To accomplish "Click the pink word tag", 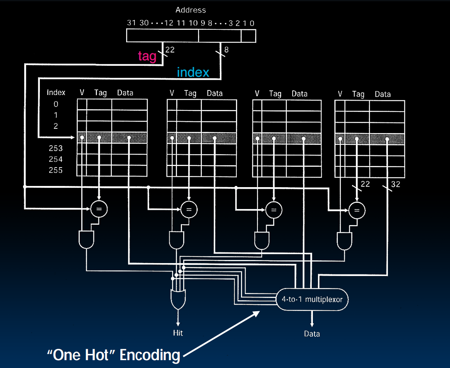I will (x=147, y=56).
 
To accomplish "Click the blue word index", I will (x=193, y=72).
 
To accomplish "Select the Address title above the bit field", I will (x=191, y=10).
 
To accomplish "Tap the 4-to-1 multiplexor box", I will (x=312, y=300).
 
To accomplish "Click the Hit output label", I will (x=178, y=333).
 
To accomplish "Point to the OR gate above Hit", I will (x=178, y=300).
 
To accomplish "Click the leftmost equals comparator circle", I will (x=99, y=209).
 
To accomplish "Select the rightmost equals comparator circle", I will (x=356, y=211).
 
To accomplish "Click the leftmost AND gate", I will (x=86, y=240).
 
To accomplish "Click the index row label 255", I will (x=55, y=170).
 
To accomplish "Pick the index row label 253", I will (x=55, y=148).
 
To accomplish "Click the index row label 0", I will (x=56, y=104).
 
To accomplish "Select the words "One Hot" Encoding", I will (x=114, y=355).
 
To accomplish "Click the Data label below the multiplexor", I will (x=312, y=334).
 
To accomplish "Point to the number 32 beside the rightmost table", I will (x=396, y=184).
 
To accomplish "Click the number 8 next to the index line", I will (x=226, y=50).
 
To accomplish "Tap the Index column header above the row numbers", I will (x=56, y=93).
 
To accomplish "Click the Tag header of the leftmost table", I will (x=100, y=93).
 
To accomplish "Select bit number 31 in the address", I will (x=131, y=23).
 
